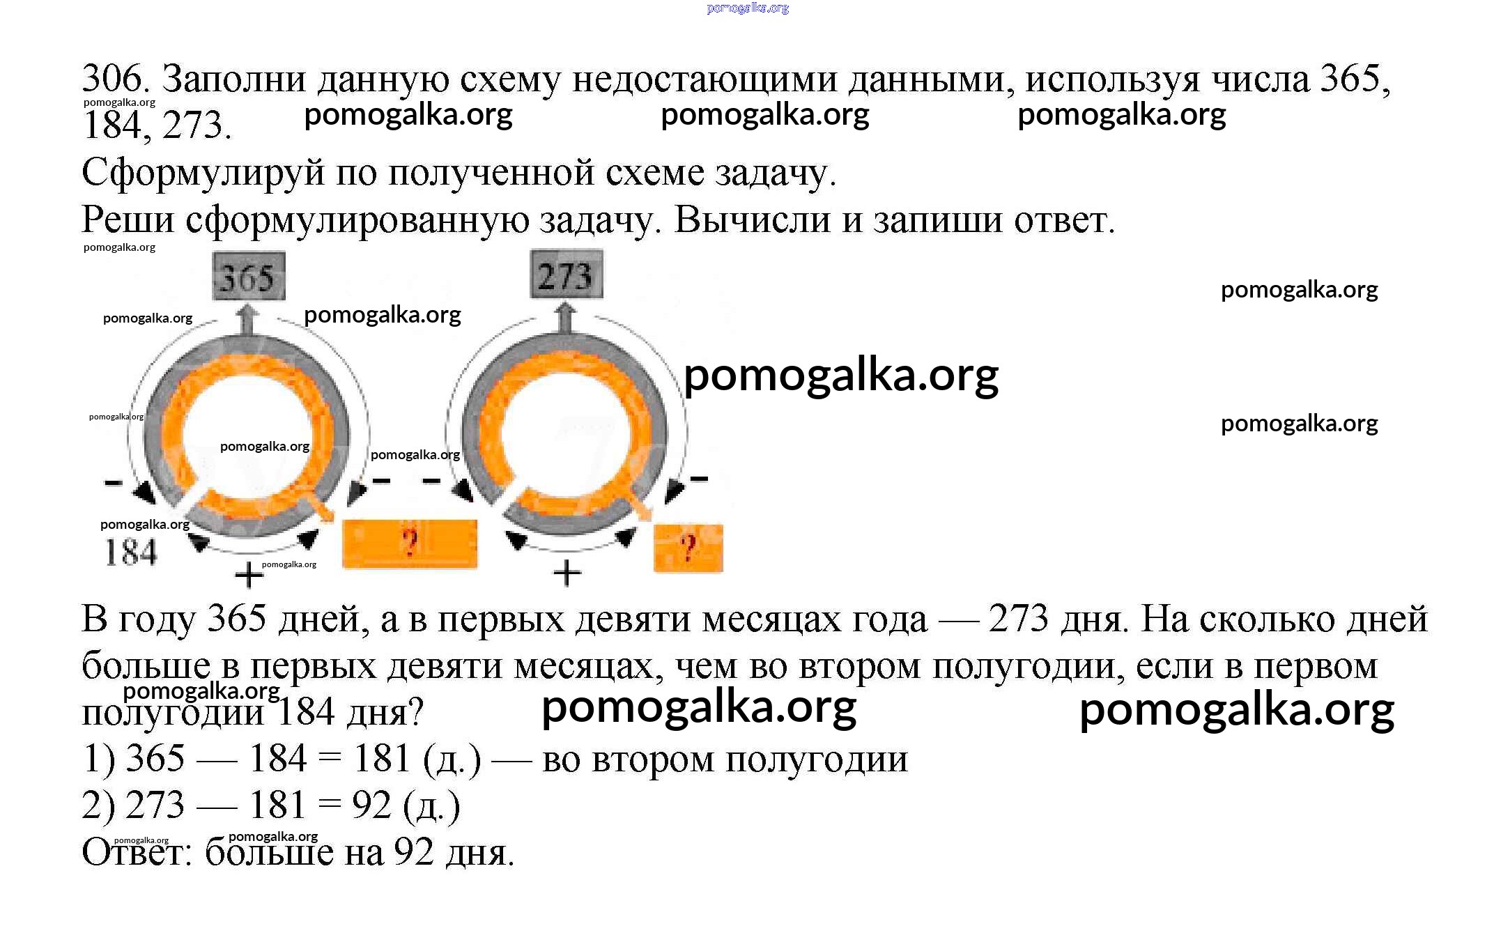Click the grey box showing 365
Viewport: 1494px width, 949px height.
pyautogui.click(x=249, y=276)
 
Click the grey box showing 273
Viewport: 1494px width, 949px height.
pyautogui.click(x=567, y=275)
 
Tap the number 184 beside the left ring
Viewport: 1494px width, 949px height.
pyautogui.click(x=131, y=553)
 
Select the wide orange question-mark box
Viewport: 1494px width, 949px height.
pyautogui.click(x=410, y=543)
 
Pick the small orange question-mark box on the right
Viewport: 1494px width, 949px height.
pyautogui.click(x=688, y=548)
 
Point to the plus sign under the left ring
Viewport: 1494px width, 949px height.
pyautogui.click(x=249, y=576)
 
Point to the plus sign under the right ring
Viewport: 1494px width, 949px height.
pyautogui.click(x=567, y=573)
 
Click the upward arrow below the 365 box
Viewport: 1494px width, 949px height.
pyautogui.click(x=245, y=320)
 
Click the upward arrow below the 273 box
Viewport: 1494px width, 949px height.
pyautogui.click(x=565, y=317)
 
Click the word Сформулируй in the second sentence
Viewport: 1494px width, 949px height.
pyautogui.click(x=203, y=173)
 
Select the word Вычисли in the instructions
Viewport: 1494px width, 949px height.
pyautogui.click(x=753, y=219)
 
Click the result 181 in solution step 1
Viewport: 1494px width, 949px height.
pyautogui.click(x=382, y=758)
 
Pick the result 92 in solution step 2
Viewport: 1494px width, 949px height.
pyautogui.click(x=371, y=805)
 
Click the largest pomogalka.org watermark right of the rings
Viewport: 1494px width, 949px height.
pyautogui.click(x=841, y=377)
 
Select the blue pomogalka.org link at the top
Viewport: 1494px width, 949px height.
pyautogui.click(x=748, y=8)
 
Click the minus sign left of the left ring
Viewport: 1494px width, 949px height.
pyautogui.click(x=113, y=482)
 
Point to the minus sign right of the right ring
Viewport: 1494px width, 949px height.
pyautogui.click(x=699, y=479)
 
